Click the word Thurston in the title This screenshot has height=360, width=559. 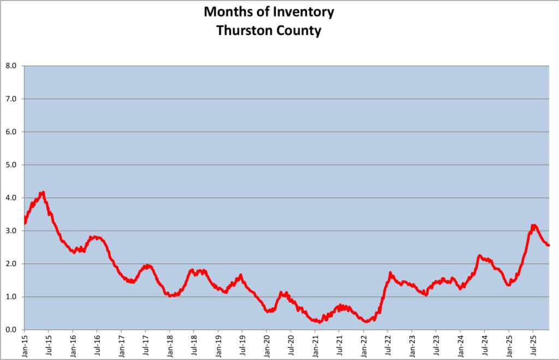pyautogui.click(x=242, y=31)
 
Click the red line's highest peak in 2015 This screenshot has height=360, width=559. pyautogui.click(x=43, y=192)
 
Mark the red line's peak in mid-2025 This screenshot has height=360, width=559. pyautogui.click(x=533, y=225)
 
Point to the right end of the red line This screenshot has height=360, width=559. pyautogui.click(x=548, y=245)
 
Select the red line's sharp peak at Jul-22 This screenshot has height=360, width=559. pyautogui.click(x=390, y=272)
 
